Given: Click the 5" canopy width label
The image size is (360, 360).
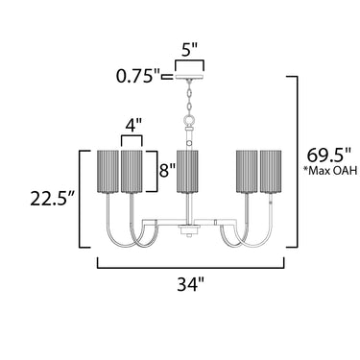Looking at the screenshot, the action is [x=189, y=50].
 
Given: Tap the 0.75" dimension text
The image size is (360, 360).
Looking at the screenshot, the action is [x=138, y=77].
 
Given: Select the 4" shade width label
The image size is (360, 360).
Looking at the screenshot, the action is [x=132, y=127].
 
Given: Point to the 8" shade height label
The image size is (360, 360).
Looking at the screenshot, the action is [x=167, y=170].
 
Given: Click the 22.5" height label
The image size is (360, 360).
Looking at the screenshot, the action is [x=53, y=199].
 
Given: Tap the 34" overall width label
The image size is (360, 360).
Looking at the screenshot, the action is [x=191, y=284].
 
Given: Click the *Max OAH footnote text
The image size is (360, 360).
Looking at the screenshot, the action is [x=330, y=171].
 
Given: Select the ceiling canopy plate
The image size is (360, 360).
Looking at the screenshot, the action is [x=190, y=77].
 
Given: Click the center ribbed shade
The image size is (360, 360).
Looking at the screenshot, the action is [x=187, y=172].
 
